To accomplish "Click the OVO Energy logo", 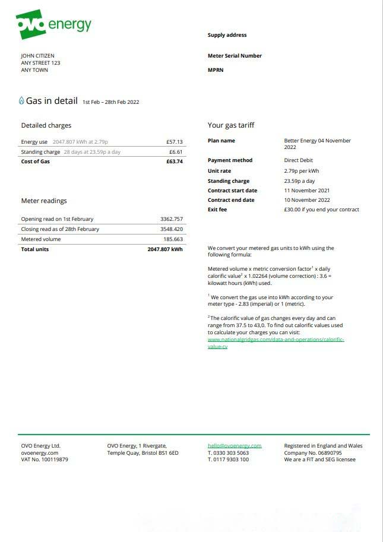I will point(53,24).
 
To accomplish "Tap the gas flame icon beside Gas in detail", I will point(22,101).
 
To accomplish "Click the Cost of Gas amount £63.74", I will point(175,161).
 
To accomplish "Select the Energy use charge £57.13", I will point(175,142).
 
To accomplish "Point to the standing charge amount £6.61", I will point(176,152).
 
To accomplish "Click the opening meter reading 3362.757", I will point(172,219).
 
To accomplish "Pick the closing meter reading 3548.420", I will point(172,229).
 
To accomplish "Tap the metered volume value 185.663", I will point(173,239).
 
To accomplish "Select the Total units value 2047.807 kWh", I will point(165,249).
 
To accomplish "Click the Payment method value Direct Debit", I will point(298,160).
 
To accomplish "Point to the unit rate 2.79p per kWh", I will point(302,171).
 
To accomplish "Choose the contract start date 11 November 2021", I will point(307,191).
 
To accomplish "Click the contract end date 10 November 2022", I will point(307,200).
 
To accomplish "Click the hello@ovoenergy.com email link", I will point(235,446).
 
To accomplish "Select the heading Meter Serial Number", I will point(235,56).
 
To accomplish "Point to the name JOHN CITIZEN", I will point(37,56).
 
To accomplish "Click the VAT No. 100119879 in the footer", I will point(45,459).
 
